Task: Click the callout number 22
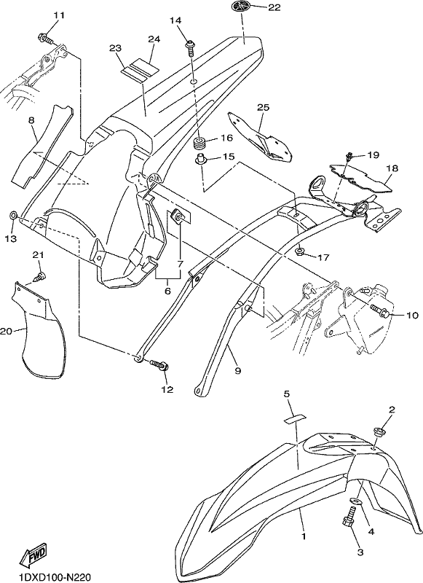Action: [x=274, y=7]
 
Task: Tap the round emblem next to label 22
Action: [x=242, y=7]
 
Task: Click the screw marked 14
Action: [x=190, y=48]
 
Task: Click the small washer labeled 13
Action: [x=12, y=215]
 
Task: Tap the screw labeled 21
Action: [x=41, y=277]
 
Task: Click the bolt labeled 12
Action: [x=159, y=364]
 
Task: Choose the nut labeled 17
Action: [x=300, y=252]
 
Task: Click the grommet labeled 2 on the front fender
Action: [x=380, y=433]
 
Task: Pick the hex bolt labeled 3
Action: [x=348, y=520]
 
